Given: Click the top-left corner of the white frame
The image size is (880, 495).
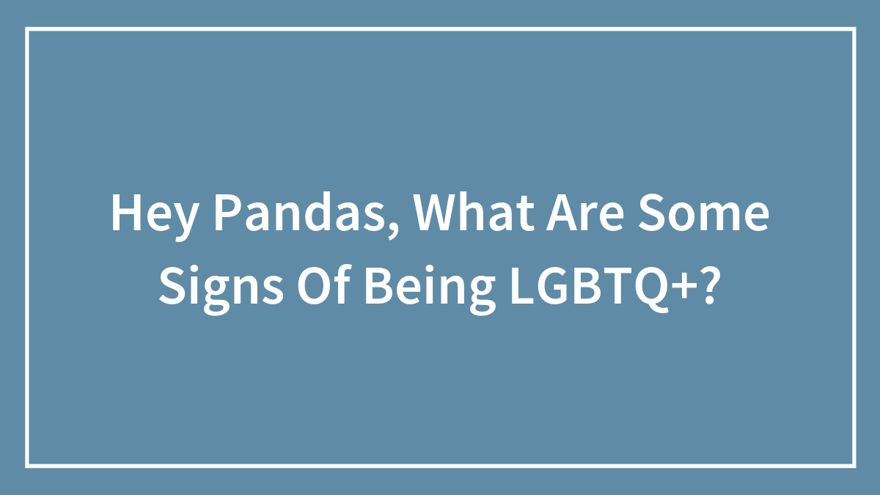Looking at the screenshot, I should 27,29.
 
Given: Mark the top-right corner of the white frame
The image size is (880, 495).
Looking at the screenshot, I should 854,29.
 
